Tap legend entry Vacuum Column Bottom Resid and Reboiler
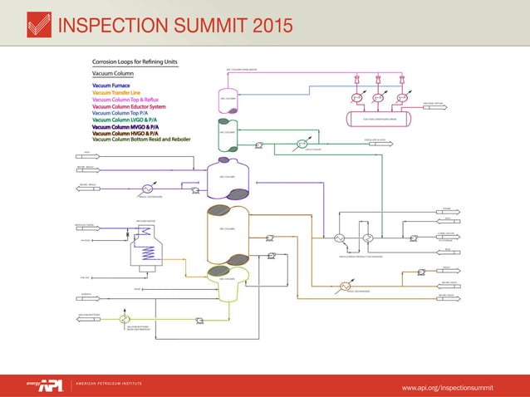coord(141,140)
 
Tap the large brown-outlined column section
coord(228,228)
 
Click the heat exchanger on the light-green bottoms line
coord(124,319)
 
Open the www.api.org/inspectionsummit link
coord(447,386)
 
